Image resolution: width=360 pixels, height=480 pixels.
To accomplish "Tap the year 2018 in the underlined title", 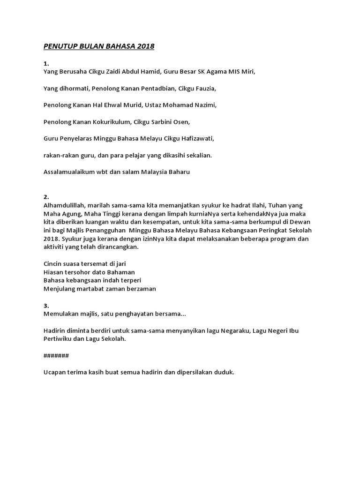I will point(146,46).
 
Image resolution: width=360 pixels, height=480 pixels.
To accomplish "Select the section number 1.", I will point(46,63).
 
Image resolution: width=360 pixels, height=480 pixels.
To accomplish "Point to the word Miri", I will point(247,72).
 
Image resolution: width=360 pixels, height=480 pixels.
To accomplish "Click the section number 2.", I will point(46,197).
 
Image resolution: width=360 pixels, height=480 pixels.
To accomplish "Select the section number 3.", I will point(46,306).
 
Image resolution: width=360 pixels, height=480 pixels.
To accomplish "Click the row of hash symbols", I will point(56,356).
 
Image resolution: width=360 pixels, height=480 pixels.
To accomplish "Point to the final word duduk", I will point(224,373).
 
